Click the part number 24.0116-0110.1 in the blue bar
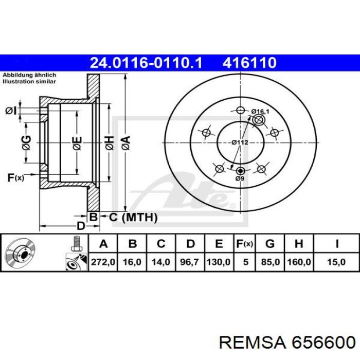pos(147,63)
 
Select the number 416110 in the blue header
pos(249,63)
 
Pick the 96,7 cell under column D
pos(190,262)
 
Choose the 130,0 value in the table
pos(219,262)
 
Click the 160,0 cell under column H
pos(299,262)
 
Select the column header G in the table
pos(271,243)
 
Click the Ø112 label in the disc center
pos(240,142)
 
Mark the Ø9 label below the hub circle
pos(240,178)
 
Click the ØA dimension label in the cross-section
pos(124,141)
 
